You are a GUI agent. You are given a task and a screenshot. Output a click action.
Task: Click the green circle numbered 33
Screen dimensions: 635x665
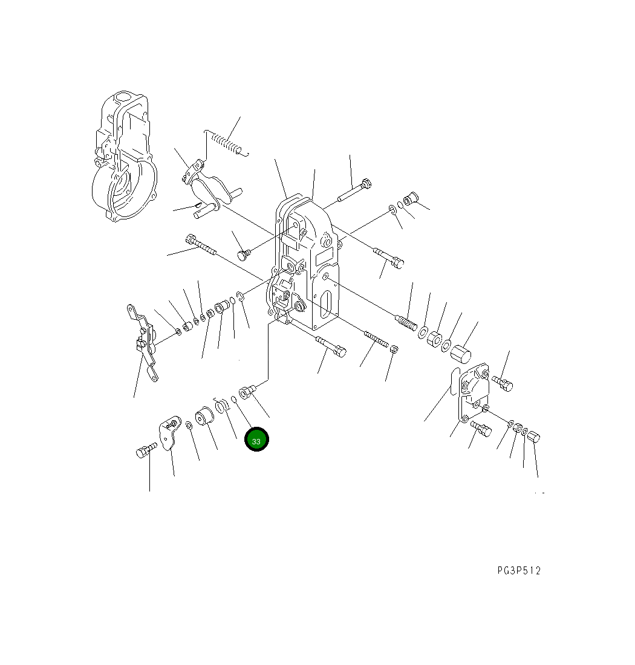(256, 440)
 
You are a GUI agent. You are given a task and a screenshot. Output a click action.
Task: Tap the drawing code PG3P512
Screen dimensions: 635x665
(519, 571)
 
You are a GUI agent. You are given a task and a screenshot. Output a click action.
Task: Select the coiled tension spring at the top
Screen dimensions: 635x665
(227, 143)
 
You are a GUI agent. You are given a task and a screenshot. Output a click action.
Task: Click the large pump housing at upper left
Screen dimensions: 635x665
(125, 157)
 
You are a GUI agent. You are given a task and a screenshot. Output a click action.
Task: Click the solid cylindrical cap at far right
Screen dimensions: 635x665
(461, 354)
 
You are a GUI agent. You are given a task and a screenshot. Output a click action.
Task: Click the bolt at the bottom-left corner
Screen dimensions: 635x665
(146, 450)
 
